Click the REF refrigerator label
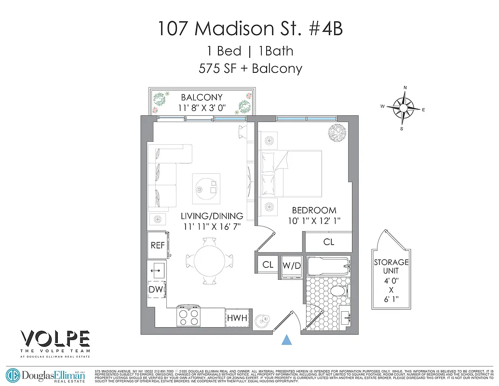[x=158, y=245]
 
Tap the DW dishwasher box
[x=156, y=289]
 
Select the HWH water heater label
[x=237, y=318]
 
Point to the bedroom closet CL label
[x=329, y=242]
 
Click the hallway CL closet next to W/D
[x=268, y=264]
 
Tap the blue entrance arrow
[x=287, y=340]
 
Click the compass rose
[x=403, y=108]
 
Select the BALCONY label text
[x=202, y=97]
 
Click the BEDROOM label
[x=314, y=210]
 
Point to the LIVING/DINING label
[x=212, y=216]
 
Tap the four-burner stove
[x=189, y=317]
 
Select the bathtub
[x=327, y=266]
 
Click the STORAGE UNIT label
[x=391, y=267]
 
